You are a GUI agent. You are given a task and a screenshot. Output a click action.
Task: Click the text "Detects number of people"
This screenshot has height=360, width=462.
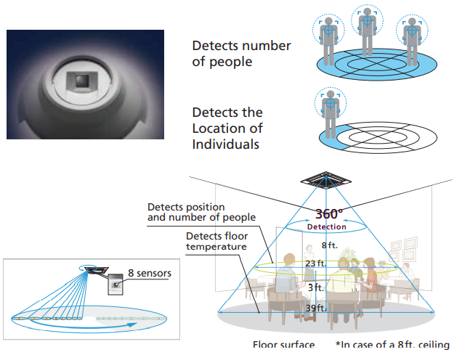click(x=241, y=54)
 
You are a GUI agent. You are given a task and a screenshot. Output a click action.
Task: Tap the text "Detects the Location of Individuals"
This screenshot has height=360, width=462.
click(x=227, y=128)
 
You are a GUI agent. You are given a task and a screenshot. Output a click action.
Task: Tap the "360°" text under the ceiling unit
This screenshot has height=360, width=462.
click(x=328, y=215)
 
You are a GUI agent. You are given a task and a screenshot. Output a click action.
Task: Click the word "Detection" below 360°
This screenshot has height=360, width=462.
click(x=327, y=227)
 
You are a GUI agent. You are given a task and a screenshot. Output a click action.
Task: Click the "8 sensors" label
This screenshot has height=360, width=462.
click(x=149, y=274)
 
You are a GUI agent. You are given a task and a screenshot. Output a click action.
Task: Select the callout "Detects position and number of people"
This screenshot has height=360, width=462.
click(x=201, y=212)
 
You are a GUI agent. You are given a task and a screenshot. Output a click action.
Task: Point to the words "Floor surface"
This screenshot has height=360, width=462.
click(x=283, y=345)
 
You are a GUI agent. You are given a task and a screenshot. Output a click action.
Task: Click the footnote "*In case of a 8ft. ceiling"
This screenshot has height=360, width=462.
click(x=393, y=345)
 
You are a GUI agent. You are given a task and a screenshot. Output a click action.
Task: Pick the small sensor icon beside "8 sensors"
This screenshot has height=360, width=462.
click(x=115, y=285)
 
